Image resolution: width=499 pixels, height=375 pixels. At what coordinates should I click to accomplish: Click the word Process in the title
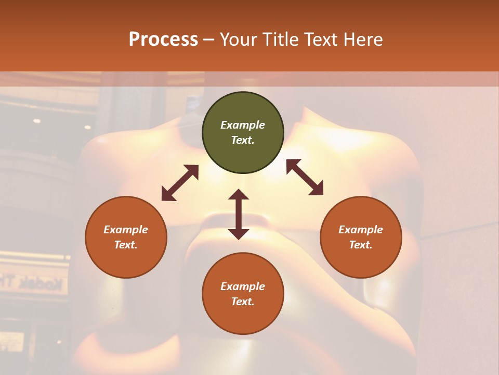click(x=163, y=40)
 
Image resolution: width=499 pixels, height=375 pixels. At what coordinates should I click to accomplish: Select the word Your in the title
click(x=238, y=40)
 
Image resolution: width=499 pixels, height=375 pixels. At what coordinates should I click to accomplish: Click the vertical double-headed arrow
click(x=239, y=214)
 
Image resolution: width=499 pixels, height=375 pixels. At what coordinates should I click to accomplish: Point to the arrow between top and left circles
click(x=180, y=183)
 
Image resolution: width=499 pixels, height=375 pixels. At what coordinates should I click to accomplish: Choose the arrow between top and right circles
click(x=305, y=177)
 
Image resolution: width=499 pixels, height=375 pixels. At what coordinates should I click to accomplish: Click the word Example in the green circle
click(x=243, y=125)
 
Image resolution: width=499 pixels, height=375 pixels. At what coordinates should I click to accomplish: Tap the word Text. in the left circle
click(x=126, y=245)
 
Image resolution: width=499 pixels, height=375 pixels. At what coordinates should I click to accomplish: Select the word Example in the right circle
click(x=361, y=230)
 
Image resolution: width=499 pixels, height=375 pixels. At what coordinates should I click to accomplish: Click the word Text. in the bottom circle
click(x=243, y=302)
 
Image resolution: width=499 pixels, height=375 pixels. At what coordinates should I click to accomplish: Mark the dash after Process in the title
click(x=208, y=40)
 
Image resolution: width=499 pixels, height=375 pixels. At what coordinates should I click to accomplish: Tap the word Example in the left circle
click(x=126, y=230)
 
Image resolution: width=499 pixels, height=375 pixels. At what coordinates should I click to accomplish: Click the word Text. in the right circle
click(x=361, y=245)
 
